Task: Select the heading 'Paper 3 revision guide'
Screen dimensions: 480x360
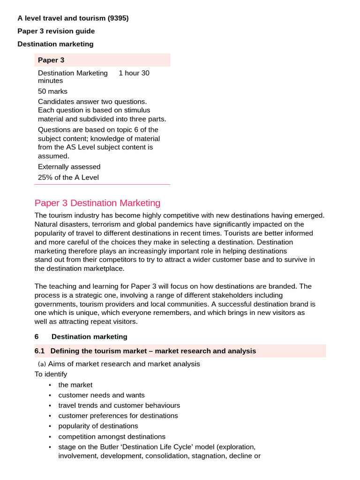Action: click(56, 31)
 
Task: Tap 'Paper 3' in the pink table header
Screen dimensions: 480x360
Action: click(51, 60)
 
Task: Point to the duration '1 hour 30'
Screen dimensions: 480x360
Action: click(134, 73)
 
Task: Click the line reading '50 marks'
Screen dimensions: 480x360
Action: click(52, 91)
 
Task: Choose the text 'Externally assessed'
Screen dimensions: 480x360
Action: click(69, 167)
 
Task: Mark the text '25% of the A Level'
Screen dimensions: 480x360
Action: click(68, 177)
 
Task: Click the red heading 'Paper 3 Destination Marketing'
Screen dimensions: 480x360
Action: click(97, 203)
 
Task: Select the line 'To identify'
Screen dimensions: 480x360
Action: click(51, 374)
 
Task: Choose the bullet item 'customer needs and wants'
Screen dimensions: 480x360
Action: click(101, 395)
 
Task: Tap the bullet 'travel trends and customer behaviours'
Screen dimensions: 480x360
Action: click(119, 405)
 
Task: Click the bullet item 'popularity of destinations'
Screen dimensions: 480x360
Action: click(98, 426)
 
